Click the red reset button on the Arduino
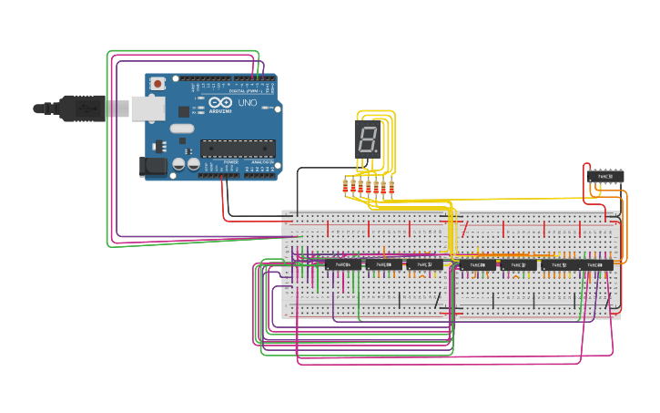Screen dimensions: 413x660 coord(157,84)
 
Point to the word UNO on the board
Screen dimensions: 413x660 coord(247,102)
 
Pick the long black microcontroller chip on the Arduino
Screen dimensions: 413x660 coord(238,147)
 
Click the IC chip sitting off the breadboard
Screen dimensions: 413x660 coord(605,175)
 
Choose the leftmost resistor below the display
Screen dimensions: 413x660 coord(346,188)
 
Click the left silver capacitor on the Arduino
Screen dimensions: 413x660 coord(178,164)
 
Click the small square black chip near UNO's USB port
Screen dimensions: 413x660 coord(183,111)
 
